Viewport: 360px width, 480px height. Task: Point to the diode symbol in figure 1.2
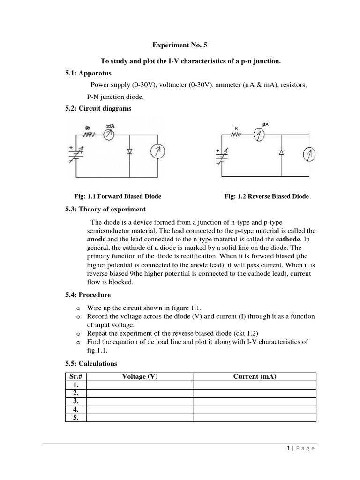pyautogui.click(x=281, y=153)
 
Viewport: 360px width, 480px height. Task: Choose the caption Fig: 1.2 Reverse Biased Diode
pyautogui.click(x=267, y=196)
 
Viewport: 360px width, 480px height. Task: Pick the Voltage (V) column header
pyautogui.click(x=140, y=376)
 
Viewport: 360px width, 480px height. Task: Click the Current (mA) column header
pyautogui.click(x=255, y=376)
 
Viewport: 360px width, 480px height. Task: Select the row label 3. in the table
pyautogui.click(x=75, y=402)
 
